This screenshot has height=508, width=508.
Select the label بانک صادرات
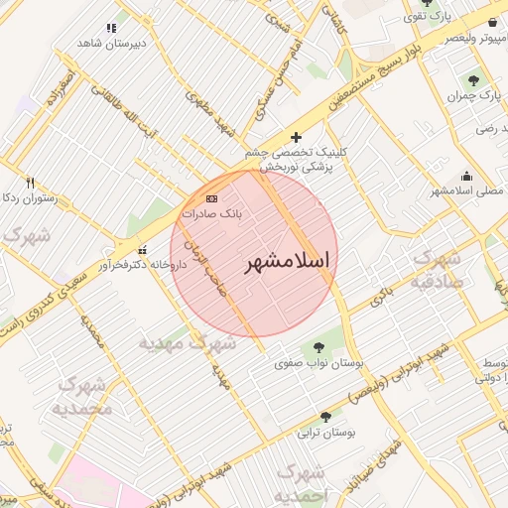(x=212, y=213)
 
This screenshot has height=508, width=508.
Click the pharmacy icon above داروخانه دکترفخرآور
(x=143, y=250)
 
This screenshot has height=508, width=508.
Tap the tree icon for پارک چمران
(x=471, y=80)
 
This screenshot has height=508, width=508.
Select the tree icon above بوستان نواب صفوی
(x=318, y=347)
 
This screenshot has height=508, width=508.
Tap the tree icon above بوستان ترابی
(x=325, y=417)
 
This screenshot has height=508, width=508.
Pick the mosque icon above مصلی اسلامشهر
(x=466, y=174)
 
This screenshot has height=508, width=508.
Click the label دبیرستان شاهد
(x=111, y=43)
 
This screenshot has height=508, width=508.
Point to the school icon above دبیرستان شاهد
(x=111, y=28)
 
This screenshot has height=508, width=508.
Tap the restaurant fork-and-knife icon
(x=30, y=183)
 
